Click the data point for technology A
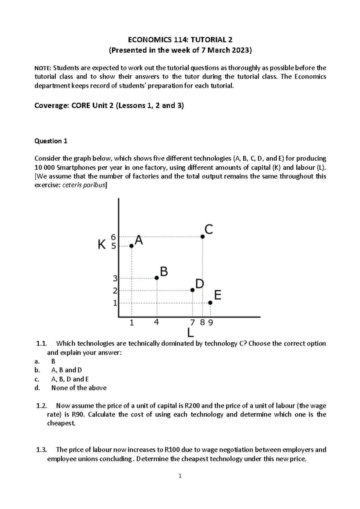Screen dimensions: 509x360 pyautogui.click(x=131, y=246)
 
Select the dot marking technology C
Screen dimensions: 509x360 pyautogui.click(x=202, y=237)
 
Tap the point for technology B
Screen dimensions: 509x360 pyautogui.click(x=157, y=278)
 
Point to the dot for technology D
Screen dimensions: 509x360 pyautogui.click(x=192, y=290)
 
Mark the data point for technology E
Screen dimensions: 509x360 pyautogui.click(x=210, y=303)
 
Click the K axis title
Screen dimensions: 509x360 pyautogui.click(x=102, y=245)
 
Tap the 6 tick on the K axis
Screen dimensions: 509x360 pyautogui.click(x=113, y=237)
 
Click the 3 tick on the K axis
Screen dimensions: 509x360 pyautogui.click(x=115, y=278)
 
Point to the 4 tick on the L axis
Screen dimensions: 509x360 pyautogui.click(x=156, y=323)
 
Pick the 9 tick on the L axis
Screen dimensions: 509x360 pyautogui.click(x=211, y=323)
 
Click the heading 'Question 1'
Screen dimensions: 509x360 pyautogui.click(x=51, y=141)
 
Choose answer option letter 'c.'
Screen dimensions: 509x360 pyautogui.click(x=37, y=379)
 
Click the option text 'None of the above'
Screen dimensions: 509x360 pyautogui.click(x=79, y=388)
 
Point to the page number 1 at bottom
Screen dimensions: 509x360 pyautogui.click(x=180, y=476)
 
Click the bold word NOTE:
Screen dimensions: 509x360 pyautogui.click(x=43, y=68)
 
